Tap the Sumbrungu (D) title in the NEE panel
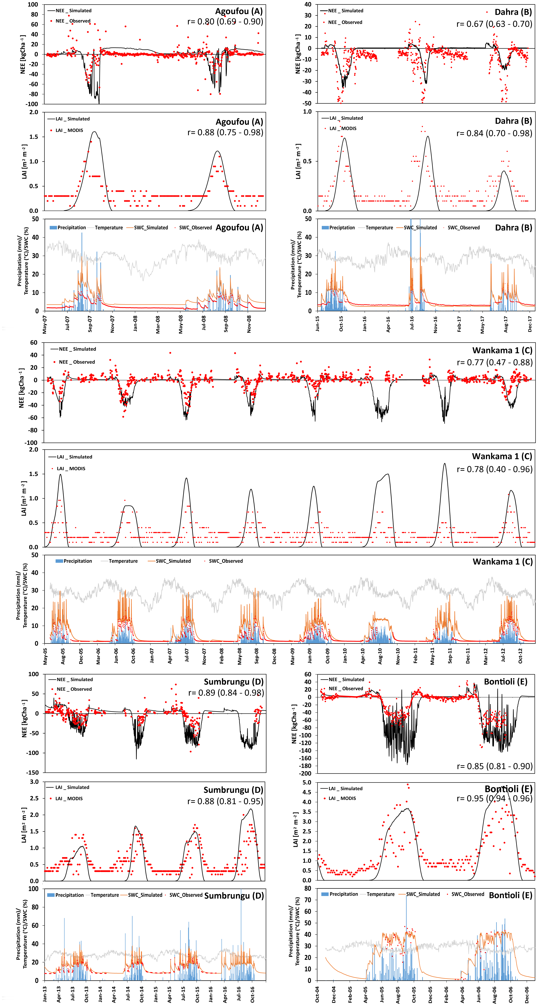tap(234, 681)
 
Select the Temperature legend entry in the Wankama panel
tap(123, 561)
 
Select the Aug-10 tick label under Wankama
tap(380, 656)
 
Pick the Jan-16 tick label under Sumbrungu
tap(211, 994)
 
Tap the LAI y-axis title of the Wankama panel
tap(24, 498)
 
